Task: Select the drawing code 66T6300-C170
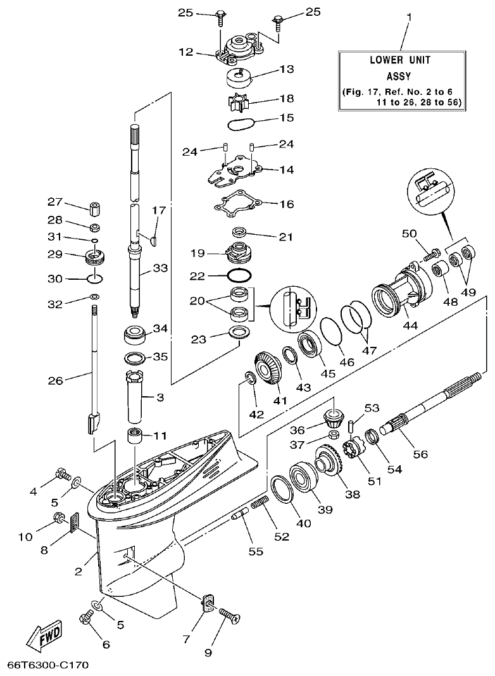tap(48, 665)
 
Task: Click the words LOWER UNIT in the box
tap(399, 61)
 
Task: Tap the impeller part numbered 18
tap(237, 101)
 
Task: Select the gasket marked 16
tap(236, 203)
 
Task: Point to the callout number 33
tap(160, 269)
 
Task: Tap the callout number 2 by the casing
tap(79, 572)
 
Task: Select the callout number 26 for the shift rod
tap(55, 380)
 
